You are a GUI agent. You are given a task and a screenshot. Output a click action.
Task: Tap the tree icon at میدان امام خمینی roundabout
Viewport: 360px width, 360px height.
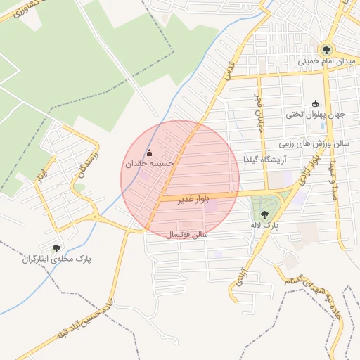(326, 49)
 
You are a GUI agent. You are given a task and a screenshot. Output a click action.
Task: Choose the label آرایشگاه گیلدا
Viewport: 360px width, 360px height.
(263, 160)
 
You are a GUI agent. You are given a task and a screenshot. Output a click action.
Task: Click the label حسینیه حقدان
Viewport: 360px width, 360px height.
(148, 163)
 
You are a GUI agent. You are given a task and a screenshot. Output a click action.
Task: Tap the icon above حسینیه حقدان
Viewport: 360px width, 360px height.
(148, 153)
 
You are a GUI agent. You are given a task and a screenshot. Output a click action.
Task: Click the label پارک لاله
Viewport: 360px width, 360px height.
(265, 226)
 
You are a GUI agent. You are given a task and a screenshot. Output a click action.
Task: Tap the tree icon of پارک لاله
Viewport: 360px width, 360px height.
(264, 214)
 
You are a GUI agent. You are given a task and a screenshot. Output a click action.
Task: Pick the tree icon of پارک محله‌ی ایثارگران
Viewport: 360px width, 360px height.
(56, 247)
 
